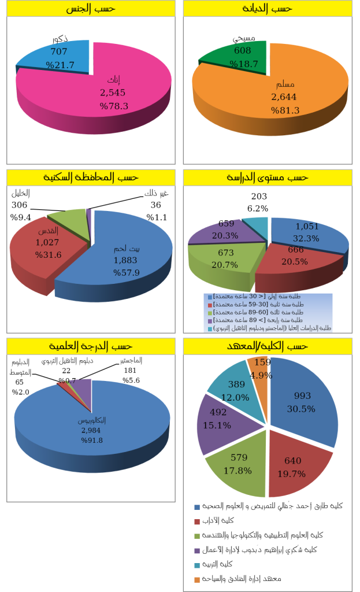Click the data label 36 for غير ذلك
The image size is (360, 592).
[155, 205]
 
